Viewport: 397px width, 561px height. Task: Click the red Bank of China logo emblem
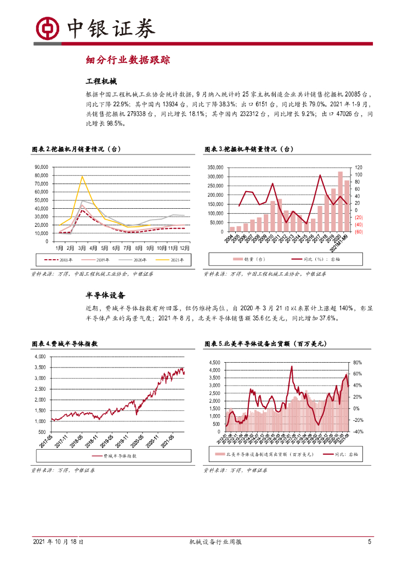coord(48,27)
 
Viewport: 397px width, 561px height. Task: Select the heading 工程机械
coord(102,82)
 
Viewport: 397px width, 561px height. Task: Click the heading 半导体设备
coord(106,295)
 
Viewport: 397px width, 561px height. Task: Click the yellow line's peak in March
coord(82,176)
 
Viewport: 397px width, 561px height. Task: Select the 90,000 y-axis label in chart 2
coord(41,167)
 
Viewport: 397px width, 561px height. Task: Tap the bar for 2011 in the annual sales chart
coord(279,215)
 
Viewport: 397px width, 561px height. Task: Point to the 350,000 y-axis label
coord(214,167)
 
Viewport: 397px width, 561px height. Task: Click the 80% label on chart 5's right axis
coord(358,363)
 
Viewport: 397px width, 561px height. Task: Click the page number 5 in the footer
coord(370,542)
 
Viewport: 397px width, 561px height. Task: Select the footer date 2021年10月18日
coord(58,542)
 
